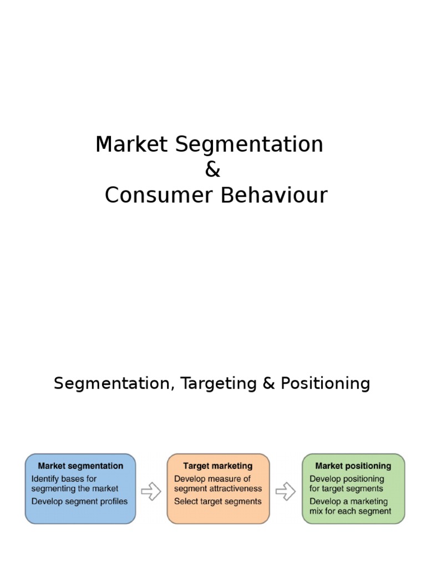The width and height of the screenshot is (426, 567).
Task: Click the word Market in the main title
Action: click(131, 145)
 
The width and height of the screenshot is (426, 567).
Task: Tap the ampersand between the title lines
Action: click(212, 171)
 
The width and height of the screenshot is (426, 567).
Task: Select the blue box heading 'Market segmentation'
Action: click(80, 466)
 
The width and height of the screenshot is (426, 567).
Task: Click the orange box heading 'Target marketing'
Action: click(218, 466)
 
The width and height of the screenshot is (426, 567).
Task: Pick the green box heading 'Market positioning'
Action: click(353, 466)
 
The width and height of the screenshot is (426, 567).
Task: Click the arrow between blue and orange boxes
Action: click(151, 491)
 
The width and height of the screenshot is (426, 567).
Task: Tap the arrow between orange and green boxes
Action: click(286, 491)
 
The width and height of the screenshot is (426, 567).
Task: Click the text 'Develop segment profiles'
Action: click(79, 502)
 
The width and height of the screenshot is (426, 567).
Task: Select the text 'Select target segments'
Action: click(217, 502)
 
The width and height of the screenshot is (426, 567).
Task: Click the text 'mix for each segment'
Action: click(350, 511)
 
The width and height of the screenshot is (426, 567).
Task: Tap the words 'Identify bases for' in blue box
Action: click(64, 479)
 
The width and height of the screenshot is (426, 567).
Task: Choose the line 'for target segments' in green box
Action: click(346, 489)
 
